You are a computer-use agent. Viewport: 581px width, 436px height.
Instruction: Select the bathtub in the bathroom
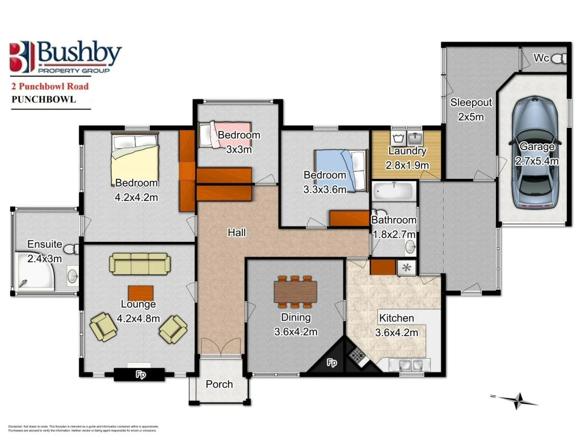394,190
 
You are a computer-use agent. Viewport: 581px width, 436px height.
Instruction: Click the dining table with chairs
295,291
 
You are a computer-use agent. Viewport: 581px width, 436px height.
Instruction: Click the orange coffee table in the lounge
140,292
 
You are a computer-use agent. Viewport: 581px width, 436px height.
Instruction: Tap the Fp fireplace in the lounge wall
139,374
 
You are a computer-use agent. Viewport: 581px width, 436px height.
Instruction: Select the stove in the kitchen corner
357,356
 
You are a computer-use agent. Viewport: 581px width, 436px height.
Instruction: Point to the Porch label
219,384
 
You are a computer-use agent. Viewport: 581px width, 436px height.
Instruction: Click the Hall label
236,232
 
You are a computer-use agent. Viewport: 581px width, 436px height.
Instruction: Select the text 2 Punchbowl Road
50,87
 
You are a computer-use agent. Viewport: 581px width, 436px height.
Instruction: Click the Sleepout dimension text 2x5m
470,117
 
